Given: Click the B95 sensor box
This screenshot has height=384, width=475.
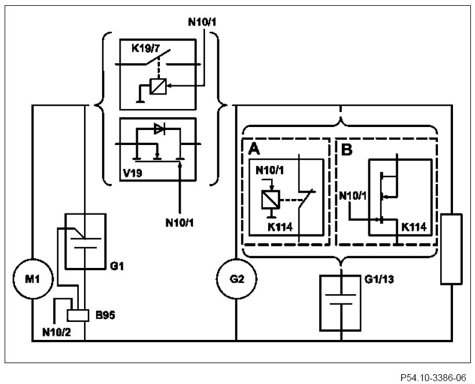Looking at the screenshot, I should pyautogui.click(x=77, y=315).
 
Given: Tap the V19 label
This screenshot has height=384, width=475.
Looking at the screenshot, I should pyautogui.click(x=131, y=172).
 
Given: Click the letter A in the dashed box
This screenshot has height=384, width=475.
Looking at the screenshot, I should pyautogui.click(x=253, y=150).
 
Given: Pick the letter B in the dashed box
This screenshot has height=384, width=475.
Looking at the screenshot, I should pyautogui.click(x=347, y=150).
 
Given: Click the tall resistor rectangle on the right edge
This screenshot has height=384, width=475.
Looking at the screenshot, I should pyautogui.click(x=451, y=249).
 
